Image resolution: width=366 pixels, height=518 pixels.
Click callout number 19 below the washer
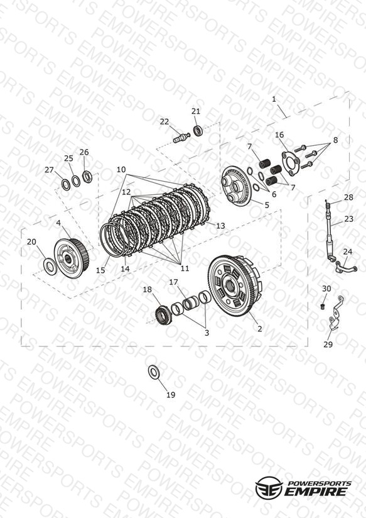click(171, 395)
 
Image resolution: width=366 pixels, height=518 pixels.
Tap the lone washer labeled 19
click(153, 372)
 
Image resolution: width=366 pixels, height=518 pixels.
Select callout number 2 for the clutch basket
click(260, 329)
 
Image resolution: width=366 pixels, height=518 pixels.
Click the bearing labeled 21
click(198, 131)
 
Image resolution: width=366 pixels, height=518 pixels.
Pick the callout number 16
click(279, 135)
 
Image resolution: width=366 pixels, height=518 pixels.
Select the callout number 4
click(58, 223)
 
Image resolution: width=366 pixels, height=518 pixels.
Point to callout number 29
click(328, 344)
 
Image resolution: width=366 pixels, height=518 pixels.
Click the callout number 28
click(348, 197)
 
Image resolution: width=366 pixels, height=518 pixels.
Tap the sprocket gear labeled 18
click(163, 316)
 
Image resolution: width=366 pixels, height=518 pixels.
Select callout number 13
click(220, 226)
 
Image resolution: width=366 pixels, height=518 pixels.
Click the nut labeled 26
click(87, 177)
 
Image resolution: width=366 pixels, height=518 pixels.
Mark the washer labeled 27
click(66, 185)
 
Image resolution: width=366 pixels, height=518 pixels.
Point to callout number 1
click(274, 99)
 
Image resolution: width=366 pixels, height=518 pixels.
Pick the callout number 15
click(100, 270)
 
